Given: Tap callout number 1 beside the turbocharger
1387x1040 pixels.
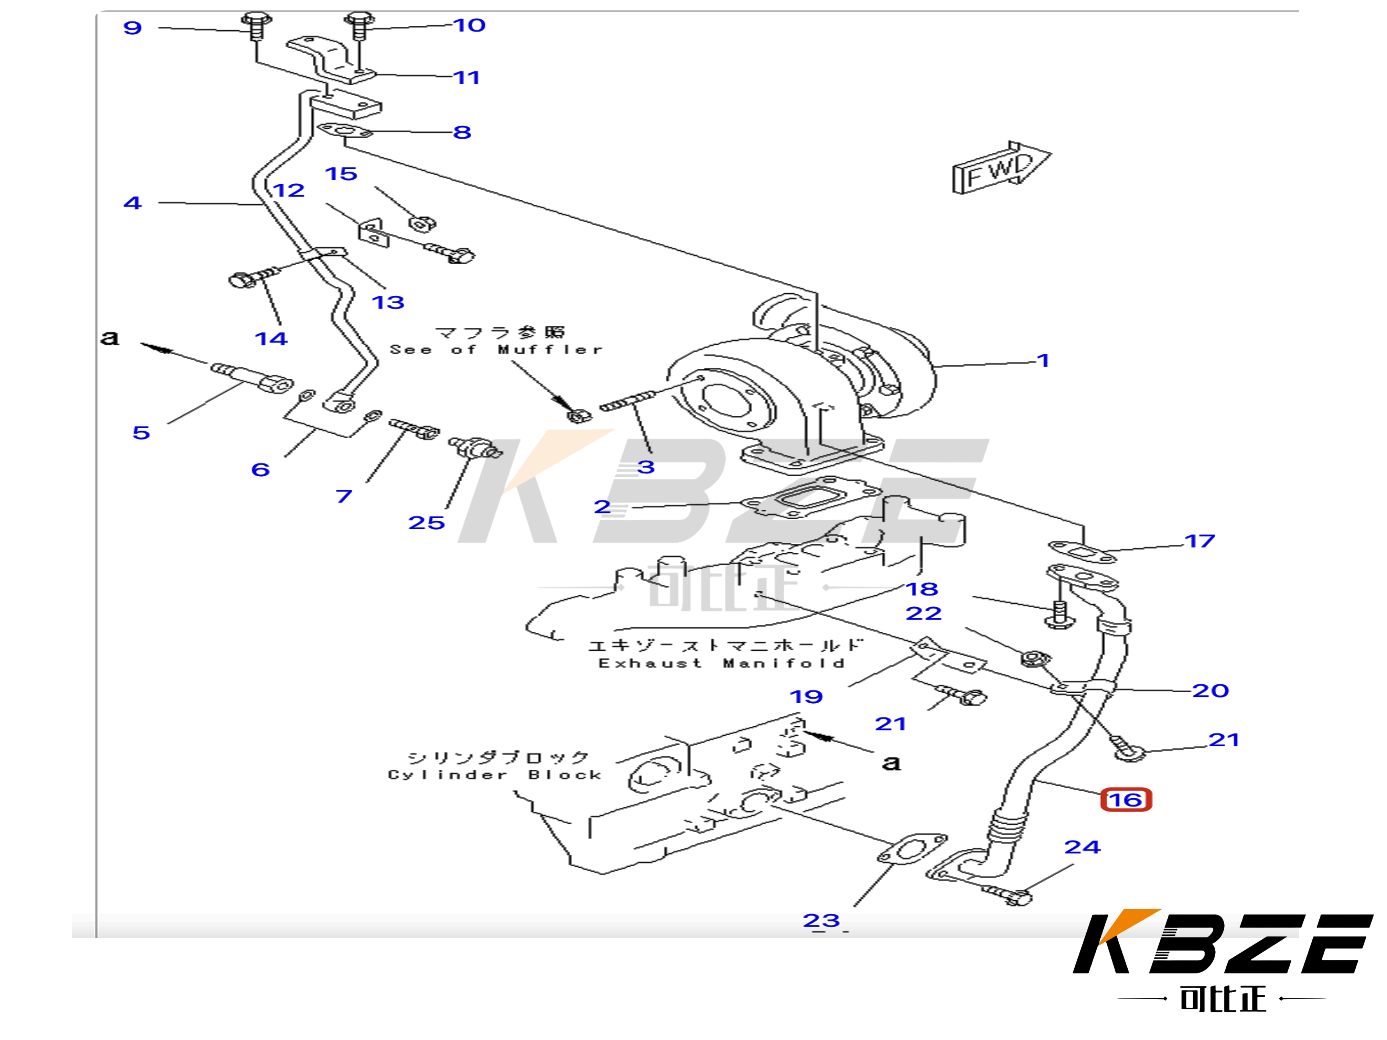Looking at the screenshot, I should (x=1043, y=360).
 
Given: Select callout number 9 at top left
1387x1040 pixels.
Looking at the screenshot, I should (x=132, y=28).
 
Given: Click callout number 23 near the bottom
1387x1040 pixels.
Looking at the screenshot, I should (x=821, y=920).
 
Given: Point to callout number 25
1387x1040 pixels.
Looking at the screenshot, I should (x=426, y=523).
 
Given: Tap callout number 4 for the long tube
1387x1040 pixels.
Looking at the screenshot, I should (x=132, y=203).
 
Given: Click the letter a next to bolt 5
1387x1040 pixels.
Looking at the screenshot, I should (x=110, y=338).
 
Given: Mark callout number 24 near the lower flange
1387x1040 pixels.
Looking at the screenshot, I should (x=1082, y=847).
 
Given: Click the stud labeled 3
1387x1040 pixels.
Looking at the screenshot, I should (x=627, y=403).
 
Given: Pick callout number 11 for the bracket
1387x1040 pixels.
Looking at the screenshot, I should (x=466, y=78).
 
